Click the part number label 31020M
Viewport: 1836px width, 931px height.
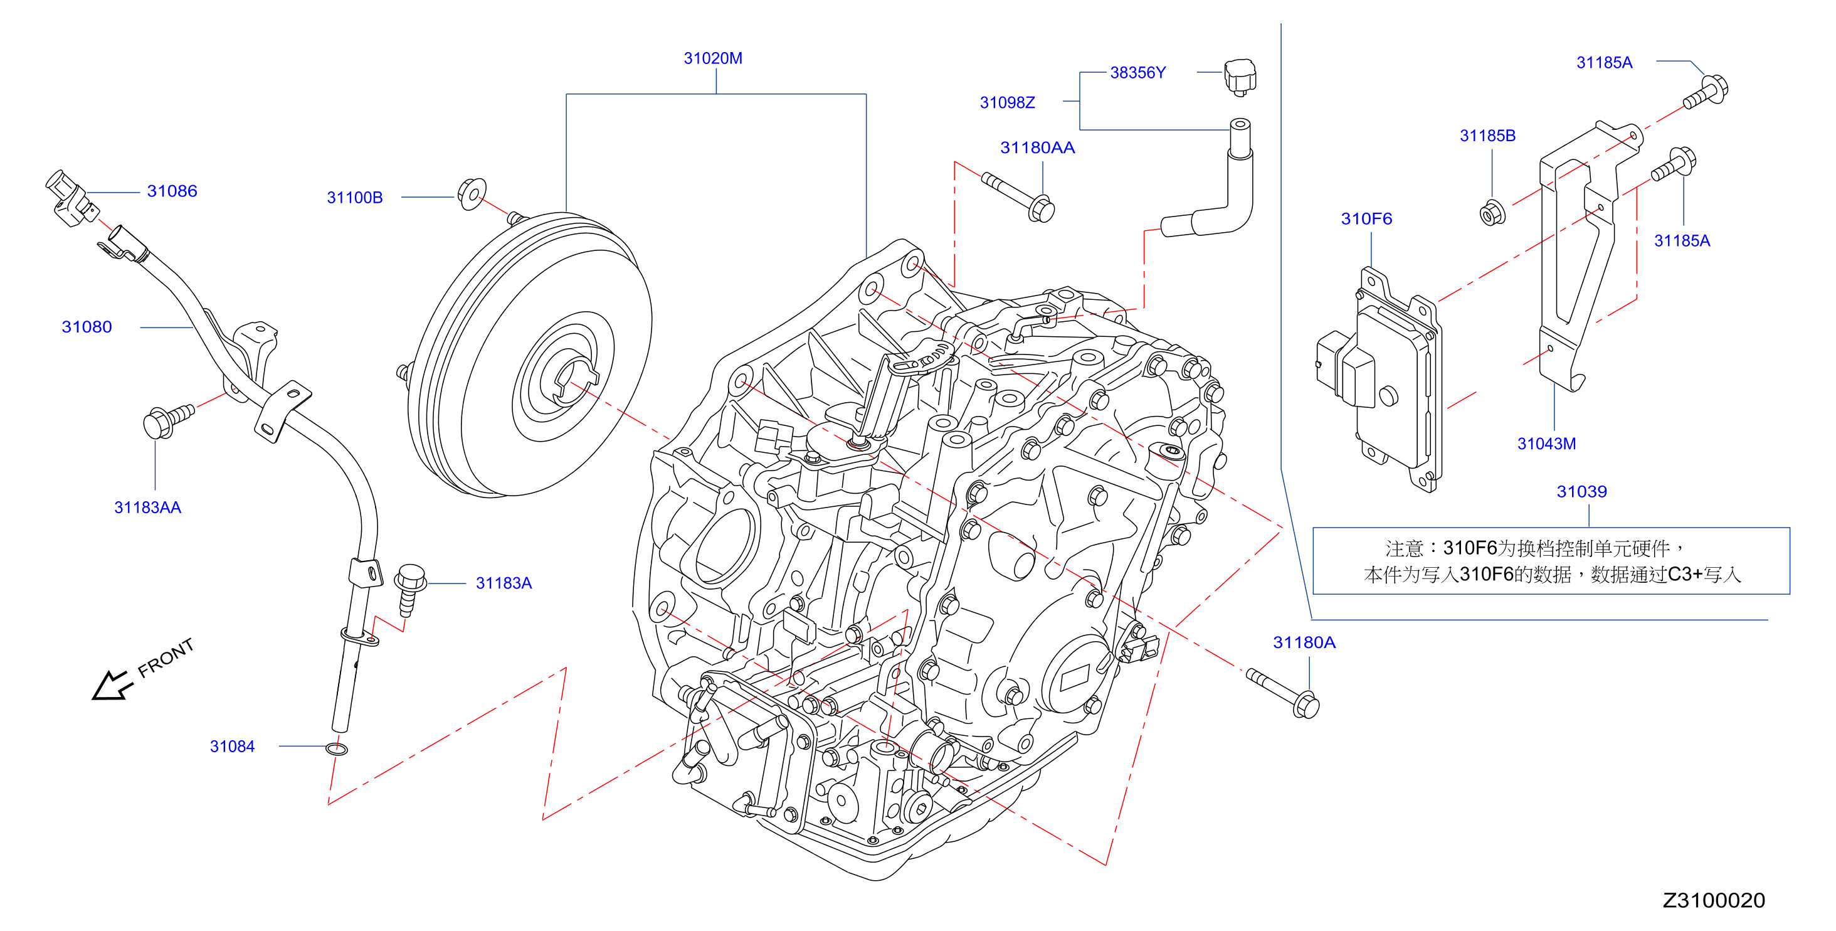coord(713,58)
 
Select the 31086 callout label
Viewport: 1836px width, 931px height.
coord(172,191)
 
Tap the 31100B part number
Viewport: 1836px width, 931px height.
coord(354,198)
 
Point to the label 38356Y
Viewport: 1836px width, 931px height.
coord(1137,73)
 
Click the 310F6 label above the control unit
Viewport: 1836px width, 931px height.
coord(1366,219)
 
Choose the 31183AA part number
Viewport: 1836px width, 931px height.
coord(147,508)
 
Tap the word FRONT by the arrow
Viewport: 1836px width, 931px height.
coord(166,658)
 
